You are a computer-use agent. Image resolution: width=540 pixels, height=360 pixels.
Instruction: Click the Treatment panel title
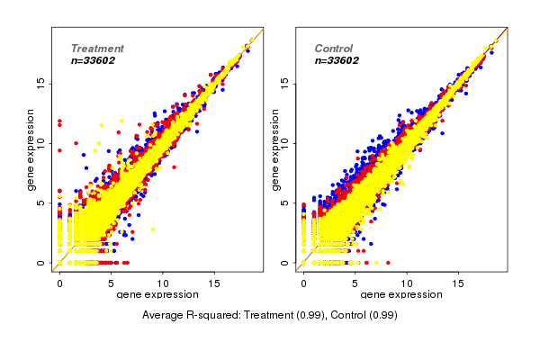(97, 49)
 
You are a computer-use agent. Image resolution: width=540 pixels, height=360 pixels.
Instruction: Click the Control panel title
(333, 49)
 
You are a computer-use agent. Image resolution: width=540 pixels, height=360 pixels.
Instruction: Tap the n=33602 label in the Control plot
(337, 61)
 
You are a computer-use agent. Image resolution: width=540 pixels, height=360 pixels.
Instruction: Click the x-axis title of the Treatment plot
(157, 294)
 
